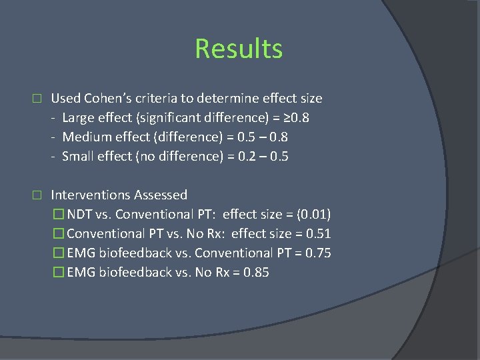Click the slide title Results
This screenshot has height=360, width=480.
pyautogui.click(x=239, y=49)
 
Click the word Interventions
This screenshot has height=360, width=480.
pyautogui.click(x=91, y=195)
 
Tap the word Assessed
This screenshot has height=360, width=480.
pyautogui.click(x=161, y=195)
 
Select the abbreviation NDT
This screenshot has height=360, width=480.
pyautogui.click(x=80, y=215)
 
